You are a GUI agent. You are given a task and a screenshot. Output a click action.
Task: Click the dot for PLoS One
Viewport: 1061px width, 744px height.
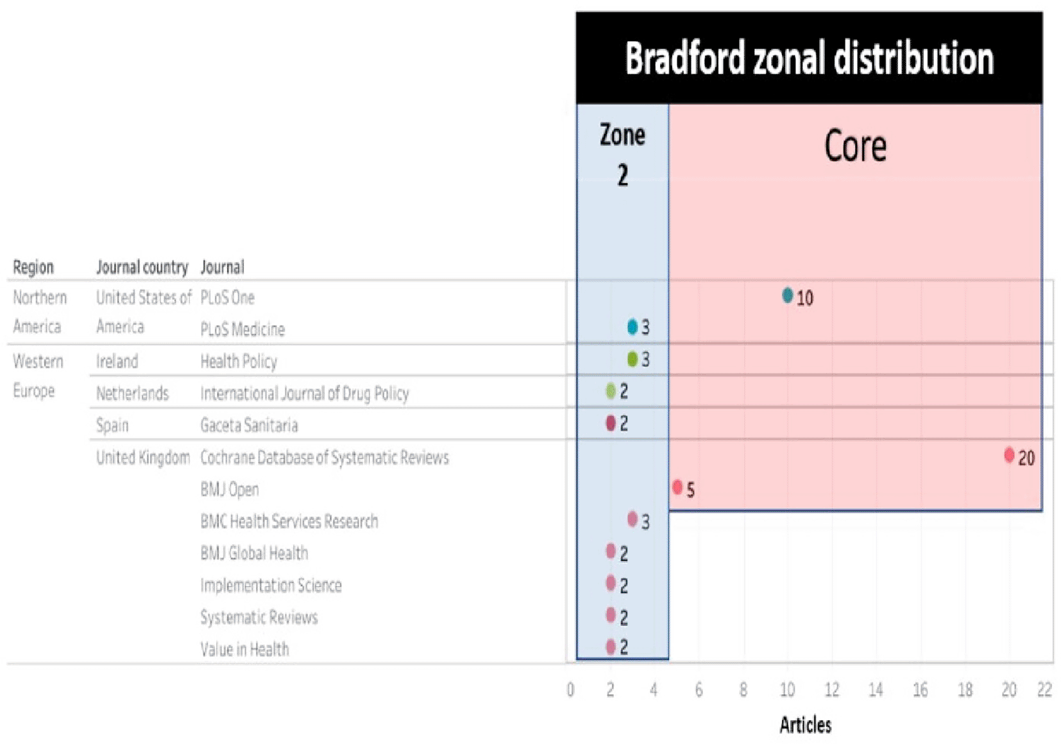pos(787,295)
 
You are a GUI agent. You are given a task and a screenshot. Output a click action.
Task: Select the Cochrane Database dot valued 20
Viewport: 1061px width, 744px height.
pos(1008,455)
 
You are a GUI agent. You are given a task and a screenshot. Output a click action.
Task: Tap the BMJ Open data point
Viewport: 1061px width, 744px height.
pos(677,487)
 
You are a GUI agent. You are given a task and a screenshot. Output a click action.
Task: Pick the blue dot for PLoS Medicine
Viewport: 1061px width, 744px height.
pos(632,327)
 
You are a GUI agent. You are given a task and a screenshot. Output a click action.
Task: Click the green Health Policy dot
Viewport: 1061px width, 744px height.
pos(632,359)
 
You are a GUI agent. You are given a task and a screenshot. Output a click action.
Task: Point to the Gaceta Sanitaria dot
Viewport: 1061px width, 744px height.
pos(610,423)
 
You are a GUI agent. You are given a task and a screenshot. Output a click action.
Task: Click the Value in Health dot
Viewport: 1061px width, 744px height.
pos(610,646)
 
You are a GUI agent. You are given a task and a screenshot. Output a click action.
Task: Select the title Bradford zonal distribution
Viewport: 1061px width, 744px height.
pos(809,58)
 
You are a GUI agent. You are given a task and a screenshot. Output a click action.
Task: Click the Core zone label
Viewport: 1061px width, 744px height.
pos(855,146)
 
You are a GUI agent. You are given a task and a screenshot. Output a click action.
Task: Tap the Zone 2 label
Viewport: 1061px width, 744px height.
pos(622,154)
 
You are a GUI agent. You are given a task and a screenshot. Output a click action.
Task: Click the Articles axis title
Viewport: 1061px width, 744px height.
pos(805,725)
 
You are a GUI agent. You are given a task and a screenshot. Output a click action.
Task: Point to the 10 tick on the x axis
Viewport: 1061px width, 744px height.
pos(787,690)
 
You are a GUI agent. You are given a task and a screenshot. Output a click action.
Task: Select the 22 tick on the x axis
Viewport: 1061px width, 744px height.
pos(1044,690)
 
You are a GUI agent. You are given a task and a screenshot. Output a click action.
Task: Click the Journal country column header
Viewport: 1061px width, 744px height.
pos(142,267)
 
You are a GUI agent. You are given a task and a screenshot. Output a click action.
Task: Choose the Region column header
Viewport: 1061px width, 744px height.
pos(33,267)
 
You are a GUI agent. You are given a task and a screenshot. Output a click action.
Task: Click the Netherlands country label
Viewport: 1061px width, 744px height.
pos(132,393)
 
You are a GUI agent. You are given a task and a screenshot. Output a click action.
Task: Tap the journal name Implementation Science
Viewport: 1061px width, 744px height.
pos(271,585)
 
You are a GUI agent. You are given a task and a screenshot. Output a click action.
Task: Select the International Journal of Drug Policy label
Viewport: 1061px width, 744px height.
pos(304,393)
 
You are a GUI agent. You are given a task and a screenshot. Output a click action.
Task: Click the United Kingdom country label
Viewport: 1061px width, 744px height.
pos(142,457)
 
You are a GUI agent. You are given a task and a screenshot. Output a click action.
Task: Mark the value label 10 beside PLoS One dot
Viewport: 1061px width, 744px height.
pos(804,298)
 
